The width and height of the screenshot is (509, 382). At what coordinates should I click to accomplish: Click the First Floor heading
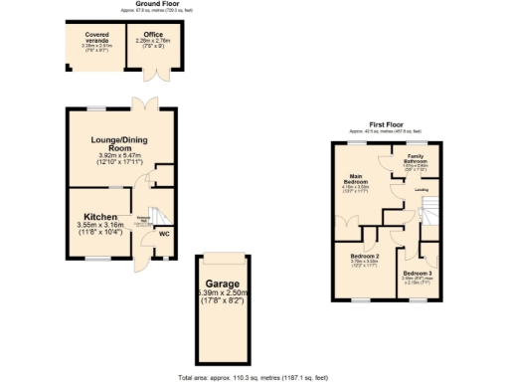[384, 122]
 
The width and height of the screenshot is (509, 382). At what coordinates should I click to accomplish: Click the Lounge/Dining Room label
[121, 143]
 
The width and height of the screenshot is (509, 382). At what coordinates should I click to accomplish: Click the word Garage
[221, 282]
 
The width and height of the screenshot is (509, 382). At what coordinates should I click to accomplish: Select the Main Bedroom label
[357, 179]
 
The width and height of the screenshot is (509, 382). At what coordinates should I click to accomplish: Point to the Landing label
[422, 189]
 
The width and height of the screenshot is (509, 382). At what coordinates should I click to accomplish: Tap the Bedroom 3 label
[418, 272]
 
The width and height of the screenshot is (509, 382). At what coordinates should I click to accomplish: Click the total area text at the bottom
[254, 378]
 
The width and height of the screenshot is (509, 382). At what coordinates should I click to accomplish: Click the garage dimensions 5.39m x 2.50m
[221, 293]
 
